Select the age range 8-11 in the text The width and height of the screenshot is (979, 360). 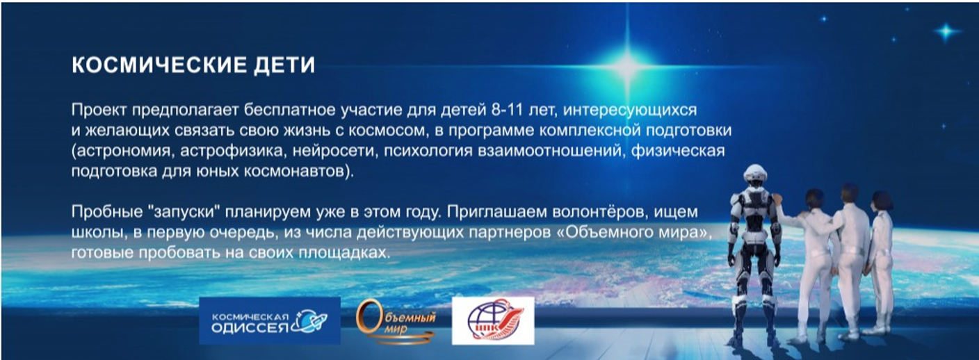coord(507,109)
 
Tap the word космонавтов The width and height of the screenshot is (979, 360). coord(293,171)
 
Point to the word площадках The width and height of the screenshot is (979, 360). coord(343,252)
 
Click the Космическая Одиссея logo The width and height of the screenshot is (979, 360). coord(270,321)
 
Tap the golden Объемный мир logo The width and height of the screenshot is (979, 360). coord(396,322)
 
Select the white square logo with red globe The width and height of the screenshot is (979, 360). coord(493,321)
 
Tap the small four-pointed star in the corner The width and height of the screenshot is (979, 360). coord(946,31)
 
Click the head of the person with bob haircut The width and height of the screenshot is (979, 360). coord(882,202)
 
